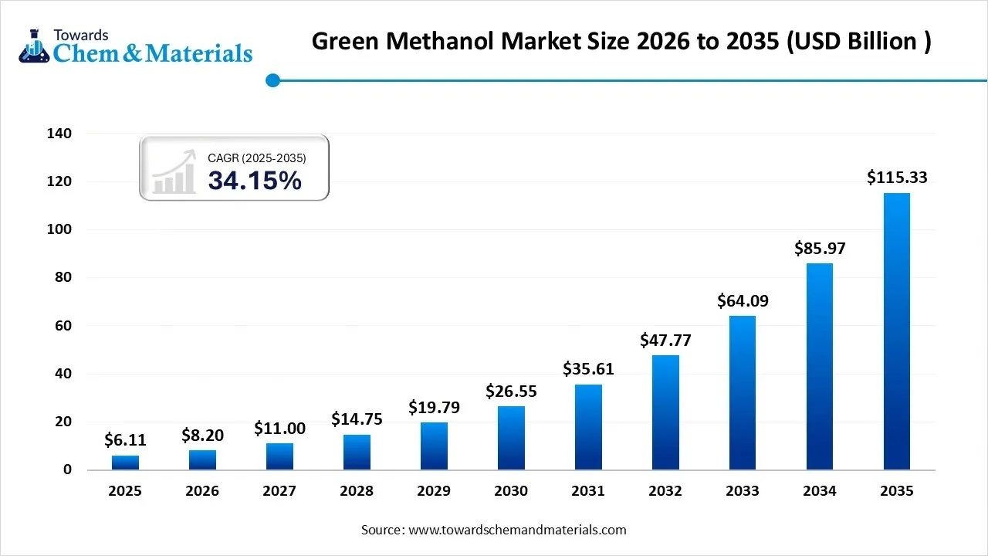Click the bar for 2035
coord(897,331)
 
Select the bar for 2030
coord(511,438)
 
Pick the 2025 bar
coord(125,463)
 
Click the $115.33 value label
coord(897,178)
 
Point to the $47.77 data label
coord(665,340)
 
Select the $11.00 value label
coord(279,429)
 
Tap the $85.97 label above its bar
coord(820,249)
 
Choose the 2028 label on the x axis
coord(357,491)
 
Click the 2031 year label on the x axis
coord(588,491)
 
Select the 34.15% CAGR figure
coord(255,181)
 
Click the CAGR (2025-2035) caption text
coord(257,158)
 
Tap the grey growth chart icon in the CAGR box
coord(173,172)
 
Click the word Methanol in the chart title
coord(455,41)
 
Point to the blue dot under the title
coord(272,80)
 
